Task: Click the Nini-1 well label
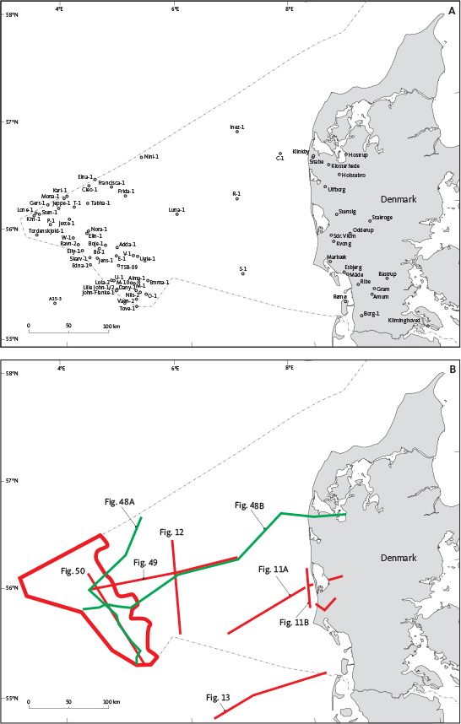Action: (x=152, y=156)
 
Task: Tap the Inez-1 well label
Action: (x=237, y=127)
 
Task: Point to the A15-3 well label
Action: (x=56, y=298)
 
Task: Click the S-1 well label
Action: (x=243, y=268)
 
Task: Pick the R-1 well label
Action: (x=237, y=193)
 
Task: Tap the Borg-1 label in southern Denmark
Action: (x=371, y=313)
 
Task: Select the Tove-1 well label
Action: (x=127, y=308)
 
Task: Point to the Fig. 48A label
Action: (x=120, y=502)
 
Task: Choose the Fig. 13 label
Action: (x=218, y=697)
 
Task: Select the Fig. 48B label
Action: (x=249, y=505)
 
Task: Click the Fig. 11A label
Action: (x=274, y=570)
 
